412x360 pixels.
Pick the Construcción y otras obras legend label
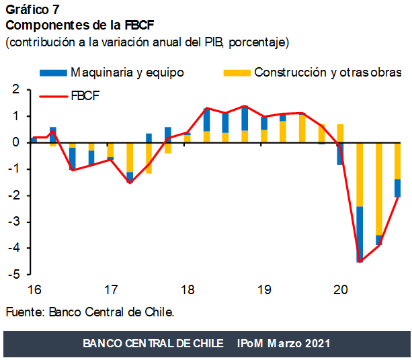pyautogui.click(x=327, y=72)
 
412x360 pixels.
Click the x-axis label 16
pyautogui.click(x=34, y=290)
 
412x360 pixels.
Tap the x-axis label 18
pyautogui.click(x=188, y=290)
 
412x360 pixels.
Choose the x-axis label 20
pyautogui.click(x=341, y=290)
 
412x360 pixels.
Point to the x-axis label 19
pyautogui.click(x=264, y=290)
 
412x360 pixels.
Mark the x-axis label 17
pyautogui.click(x=111, y=290)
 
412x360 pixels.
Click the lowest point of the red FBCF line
pyautogui.click(x=360, y=261)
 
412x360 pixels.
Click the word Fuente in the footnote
pyautogui.click(x=25, y=312)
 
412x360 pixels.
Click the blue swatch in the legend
pyautogui.click(x=53, y=72)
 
